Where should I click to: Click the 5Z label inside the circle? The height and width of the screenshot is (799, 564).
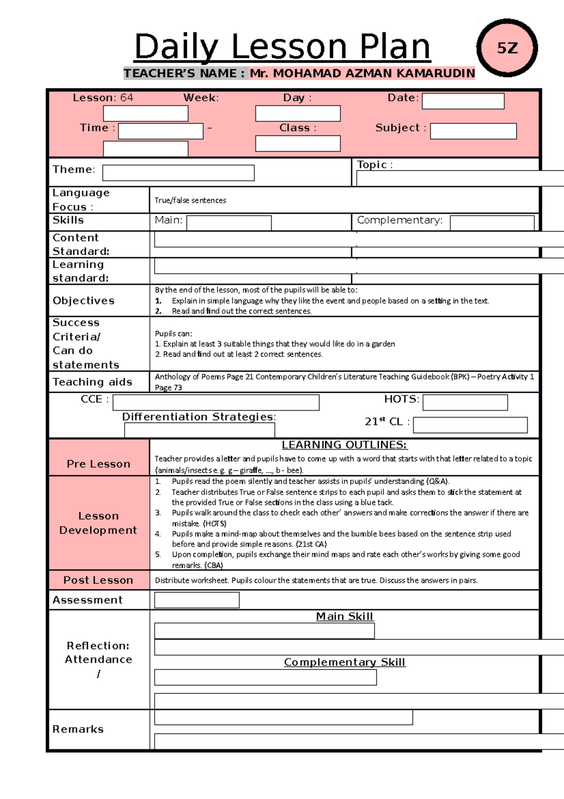click(x=507, y=48)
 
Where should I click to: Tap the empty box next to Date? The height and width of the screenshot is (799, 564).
click(x=463, y=101)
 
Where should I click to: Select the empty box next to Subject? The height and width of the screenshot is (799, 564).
click(x=473, y=131)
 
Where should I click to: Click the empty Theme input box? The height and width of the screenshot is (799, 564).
click(x=178, y=173)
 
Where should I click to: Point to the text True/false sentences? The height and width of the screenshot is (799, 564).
click(x=190, y=200)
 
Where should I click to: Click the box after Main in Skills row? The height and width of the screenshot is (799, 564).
click(x=229, y=223)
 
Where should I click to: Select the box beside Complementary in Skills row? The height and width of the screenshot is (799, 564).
click(x=492, y=223)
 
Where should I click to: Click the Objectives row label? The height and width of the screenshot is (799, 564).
click(x=84, y=301)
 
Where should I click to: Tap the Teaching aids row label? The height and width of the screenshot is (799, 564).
click(x=92, y=382)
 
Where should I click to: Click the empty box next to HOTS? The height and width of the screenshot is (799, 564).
click(x=465, y=403)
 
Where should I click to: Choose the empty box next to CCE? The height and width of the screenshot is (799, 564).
click(x=216, y=403)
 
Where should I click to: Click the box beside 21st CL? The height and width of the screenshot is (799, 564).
click(x=470, y=425)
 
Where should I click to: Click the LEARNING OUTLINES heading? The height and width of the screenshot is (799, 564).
click(x=344, y=445)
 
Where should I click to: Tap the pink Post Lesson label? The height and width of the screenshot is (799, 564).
click(x=98, y=580)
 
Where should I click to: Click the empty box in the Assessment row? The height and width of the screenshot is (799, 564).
click(x=196, y=600)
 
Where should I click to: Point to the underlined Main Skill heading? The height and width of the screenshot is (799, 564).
click(x=344, y=616)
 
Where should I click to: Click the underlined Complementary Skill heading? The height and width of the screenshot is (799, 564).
click(x=344, y=662)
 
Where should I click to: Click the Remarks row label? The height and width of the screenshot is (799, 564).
click(x=78, y=729)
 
